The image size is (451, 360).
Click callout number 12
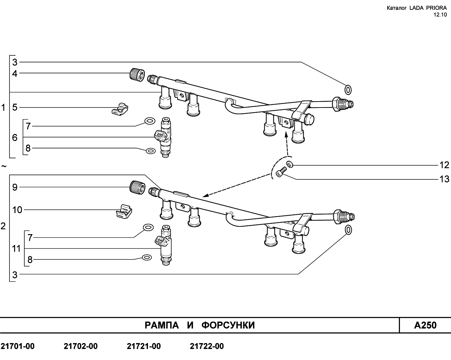(444, 165)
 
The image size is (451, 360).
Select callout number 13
(444, 179)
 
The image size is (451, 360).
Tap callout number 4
(15, 74)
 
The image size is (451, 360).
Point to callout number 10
(17, 210)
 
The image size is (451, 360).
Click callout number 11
(16, 249)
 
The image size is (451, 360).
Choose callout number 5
(15, 107)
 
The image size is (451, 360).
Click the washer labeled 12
(290, 164)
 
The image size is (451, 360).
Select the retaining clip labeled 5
(120, 109)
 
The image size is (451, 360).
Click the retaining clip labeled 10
(124, 212)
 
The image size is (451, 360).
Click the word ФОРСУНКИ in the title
(228, 325)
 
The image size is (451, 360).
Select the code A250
(425, 325)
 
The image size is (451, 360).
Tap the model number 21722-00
(207, 346)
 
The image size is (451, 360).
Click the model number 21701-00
(18, 346)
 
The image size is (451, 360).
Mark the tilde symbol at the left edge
(4, 166)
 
